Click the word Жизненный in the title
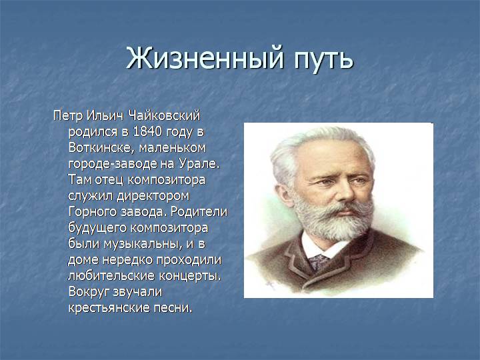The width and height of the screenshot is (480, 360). (x=205, y=58)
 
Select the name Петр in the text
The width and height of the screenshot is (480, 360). (x=68, y=117)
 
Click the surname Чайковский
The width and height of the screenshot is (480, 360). (x=164, y=116)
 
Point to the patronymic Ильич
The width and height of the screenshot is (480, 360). (x=105, y=116)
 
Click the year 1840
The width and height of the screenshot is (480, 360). (x=147, y=131)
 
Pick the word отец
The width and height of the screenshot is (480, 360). (x=109, y=180)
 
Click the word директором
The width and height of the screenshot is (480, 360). (x=153, y=196)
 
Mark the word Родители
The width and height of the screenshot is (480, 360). (x=199, y=212)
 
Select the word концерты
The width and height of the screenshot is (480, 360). (x=190, y=276)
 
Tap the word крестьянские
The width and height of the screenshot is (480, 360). (x=109, y=308)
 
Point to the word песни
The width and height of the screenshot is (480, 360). (x=173, y=308)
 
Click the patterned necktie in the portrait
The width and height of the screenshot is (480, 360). (x=319, y=263)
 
